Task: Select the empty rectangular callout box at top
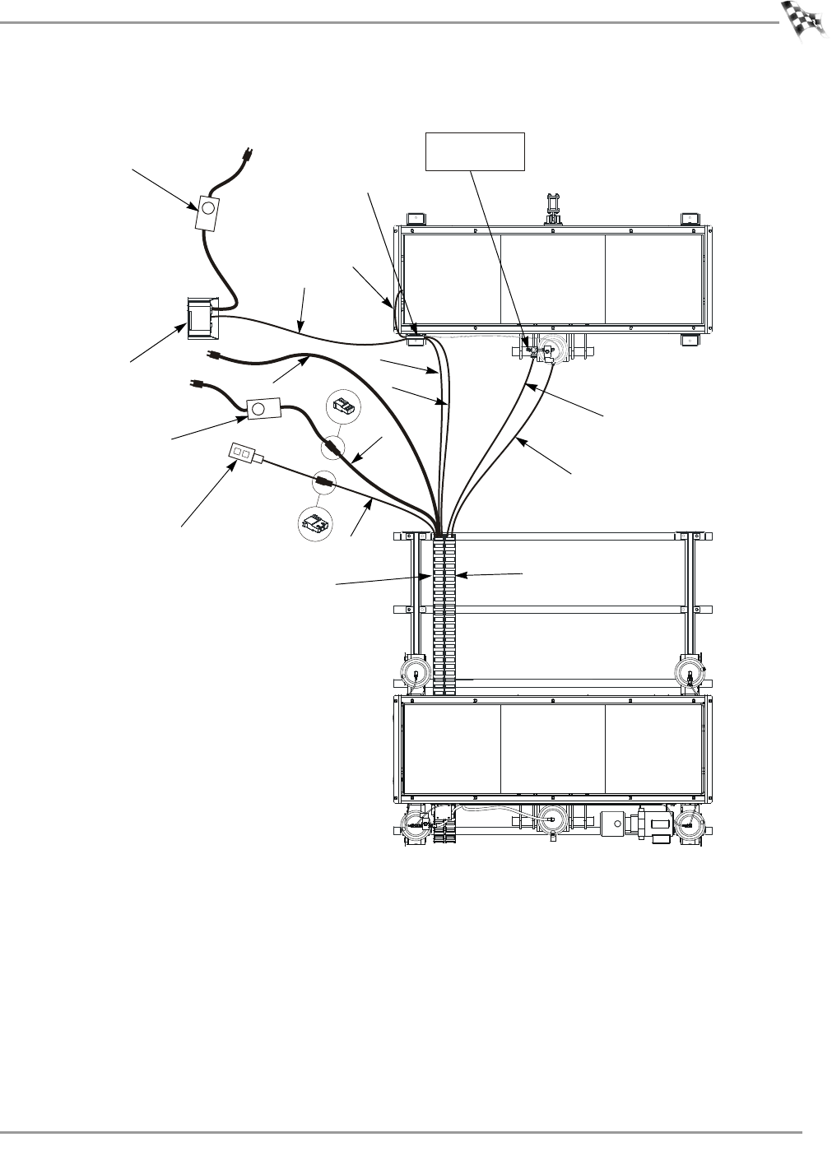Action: [x=475, y=151]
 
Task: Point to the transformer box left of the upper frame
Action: [x=200, y=318]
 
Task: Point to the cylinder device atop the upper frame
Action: [x=553, y=207]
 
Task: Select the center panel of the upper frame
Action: [x=553, y=280]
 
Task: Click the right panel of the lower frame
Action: [x=654, y=747]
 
